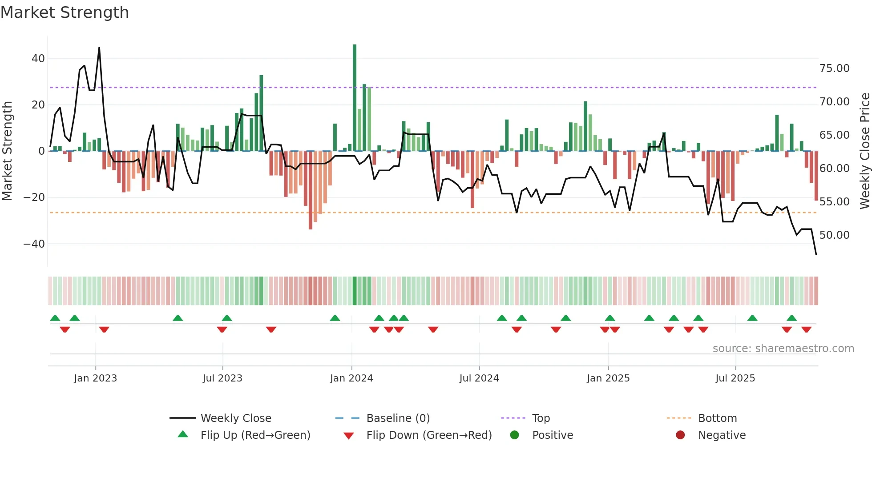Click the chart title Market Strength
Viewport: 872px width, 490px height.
coord(65,12)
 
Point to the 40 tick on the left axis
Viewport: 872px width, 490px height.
coord(38,59)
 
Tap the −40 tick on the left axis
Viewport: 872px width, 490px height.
coord(34,244)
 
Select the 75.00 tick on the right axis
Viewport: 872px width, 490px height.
coord(834,68)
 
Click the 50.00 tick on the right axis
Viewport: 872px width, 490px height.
coord(834,235)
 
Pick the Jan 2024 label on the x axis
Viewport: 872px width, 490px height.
coord(351,378)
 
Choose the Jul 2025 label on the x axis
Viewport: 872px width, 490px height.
coord(735,378)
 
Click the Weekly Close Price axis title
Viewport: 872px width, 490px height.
coord(864,151)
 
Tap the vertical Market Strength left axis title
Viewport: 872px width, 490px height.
coord(7,151)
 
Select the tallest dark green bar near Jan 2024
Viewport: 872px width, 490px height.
coord(355,98)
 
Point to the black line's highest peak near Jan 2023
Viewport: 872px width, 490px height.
coord(99,48)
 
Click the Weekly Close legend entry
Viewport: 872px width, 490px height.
coord(235,418)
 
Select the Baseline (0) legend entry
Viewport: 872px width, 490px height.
coord(398,418)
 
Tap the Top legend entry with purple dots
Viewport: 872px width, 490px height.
coord(541,418)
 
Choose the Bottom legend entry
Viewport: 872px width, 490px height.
coord(717,418)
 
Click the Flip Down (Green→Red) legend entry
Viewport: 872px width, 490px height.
coord(429,435)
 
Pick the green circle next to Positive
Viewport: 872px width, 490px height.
coord(514,435)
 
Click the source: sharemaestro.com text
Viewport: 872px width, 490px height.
coord(783,349)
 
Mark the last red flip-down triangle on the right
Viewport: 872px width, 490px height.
coord(806,329)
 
